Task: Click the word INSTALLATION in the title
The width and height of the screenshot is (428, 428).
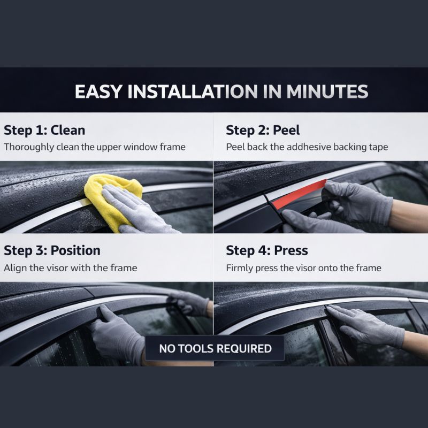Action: click(193, 91)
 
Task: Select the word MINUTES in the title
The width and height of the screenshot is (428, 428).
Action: click(327, 91)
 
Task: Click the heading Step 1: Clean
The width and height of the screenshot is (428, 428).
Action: click(44, 130)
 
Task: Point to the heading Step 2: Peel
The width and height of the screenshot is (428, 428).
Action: click(263, 130)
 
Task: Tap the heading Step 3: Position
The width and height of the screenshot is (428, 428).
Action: click(52, 250)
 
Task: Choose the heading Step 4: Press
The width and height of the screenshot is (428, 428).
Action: click(267, 250)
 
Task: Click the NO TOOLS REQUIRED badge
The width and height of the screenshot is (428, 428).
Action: click(215, 349)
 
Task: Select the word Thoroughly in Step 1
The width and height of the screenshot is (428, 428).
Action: click(29, 147)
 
